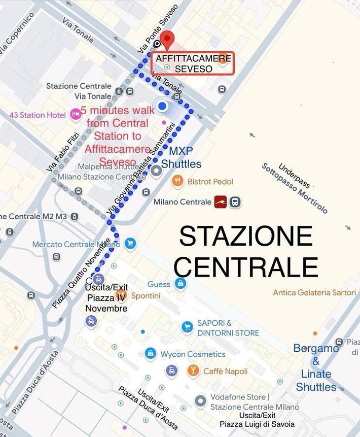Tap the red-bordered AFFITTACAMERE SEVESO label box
[193, 64]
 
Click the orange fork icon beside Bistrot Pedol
[177, 181]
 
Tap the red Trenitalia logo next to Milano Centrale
[220, 201]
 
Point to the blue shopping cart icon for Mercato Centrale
[130, 244]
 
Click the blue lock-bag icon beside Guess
[179, 284]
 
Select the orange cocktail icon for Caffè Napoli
[193, 371]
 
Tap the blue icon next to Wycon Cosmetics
[150, 354]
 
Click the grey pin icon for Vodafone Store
[201, 401]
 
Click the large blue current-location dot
[162, 106]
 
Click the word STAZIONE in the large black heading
[246, 236]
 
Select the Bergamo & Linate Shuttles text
[316, 367]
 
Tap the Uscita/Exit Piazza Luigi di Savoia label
[257, 420]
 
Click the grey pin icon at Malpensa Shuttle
[156, 171]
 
